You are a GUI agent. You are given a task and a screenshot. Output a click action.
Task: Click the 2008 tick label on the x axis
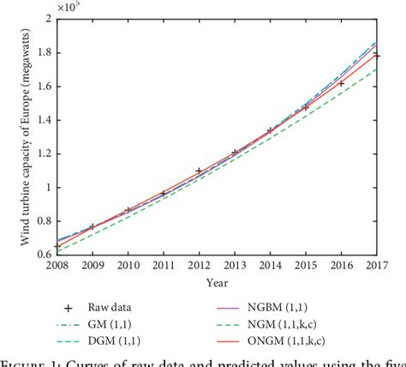(x=57, y=265)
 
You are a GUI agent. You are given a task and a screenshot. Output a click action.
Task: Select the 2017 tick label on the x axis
(x=375, y=265)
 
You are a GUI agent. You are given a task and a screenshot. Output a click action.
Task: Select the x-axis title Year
(x=217, y=280)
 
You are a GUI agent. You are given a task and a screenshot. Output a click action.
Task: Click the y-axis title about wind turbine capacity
(x=18, y=135)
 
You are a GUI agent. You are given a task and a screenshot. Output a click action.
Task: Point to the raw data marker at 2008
(x=57, y=246)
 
